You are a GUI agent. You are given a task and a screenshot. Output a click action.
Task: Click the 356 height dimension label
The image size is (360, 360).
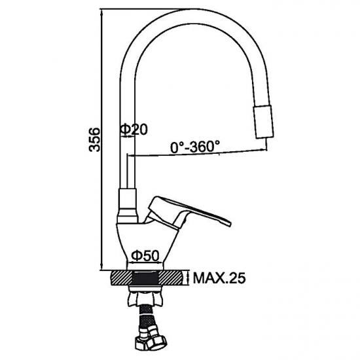[x=95, y=139]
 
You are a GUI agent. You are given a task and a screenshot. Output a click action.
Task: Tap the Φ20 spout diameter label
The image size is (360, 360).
[x=134, y=130]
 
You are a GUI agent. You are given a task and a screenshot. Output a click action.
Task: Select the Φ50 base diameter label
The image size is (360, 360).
[x=145, y=255]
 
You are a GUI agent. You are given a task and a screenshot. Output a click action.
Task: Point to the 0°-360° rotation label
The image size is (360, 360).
[x=195, y=147]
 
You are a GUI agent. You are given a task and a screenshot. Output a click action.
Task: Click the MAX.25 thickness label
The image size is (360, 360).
[x=219, y=278]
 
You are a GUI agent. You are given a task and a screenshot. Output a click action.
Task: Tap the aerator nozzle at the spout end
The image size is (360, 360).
[x=263, y=122]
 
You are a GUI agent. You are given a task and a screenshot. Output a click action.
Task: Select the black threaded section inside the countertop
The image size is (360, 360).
[x=145, y=278]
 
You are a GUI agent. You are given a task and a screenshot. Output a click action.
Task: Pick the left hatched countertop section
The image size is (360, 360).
[x=121, y=278]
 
